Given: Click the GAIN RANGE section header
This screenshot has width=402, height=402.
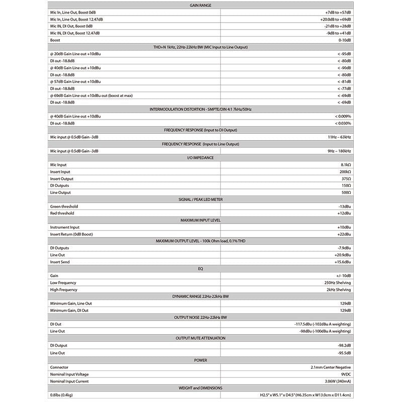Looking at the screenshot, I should point(200,5).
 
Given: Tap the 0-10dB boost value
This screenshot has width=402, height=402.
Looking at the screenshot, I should point(344,40).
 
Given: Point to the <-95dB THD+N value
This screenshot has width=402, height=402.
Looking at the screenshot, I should point(344,54).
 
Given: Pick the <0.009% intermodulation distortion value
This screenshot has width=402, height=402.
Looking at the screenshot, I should point(343,116).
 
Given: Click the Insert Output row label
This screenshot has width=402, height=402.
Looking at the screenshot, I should point(62,179).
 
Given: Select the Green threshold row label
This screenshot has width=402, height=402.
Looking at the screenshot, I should point(64,207).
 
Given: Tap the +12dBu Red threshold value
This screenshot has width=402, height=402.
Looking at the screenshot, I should point(344,213).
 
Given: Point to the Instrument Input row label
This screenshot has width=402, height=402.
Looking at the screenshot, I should point(65,227).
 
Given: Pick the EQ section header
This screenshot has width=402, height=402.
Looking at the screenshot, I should point(200,269).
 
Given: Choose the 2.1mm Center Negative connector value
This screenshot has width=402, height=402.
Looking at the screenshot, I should point(331,367).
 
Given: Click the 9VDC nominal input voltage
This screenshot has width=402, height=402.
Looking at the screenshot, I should point(345,374).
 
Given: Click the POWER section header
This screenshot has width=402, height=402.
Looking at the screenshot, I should point(200,360).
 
